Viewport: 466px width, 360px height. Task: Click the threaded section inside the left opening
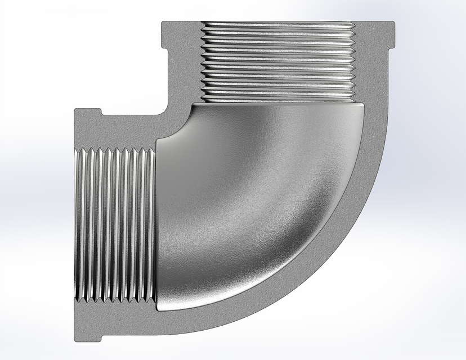(x=115, y=225)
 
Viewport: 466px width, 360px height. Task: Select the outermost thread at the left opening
(x=79, y=225)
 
